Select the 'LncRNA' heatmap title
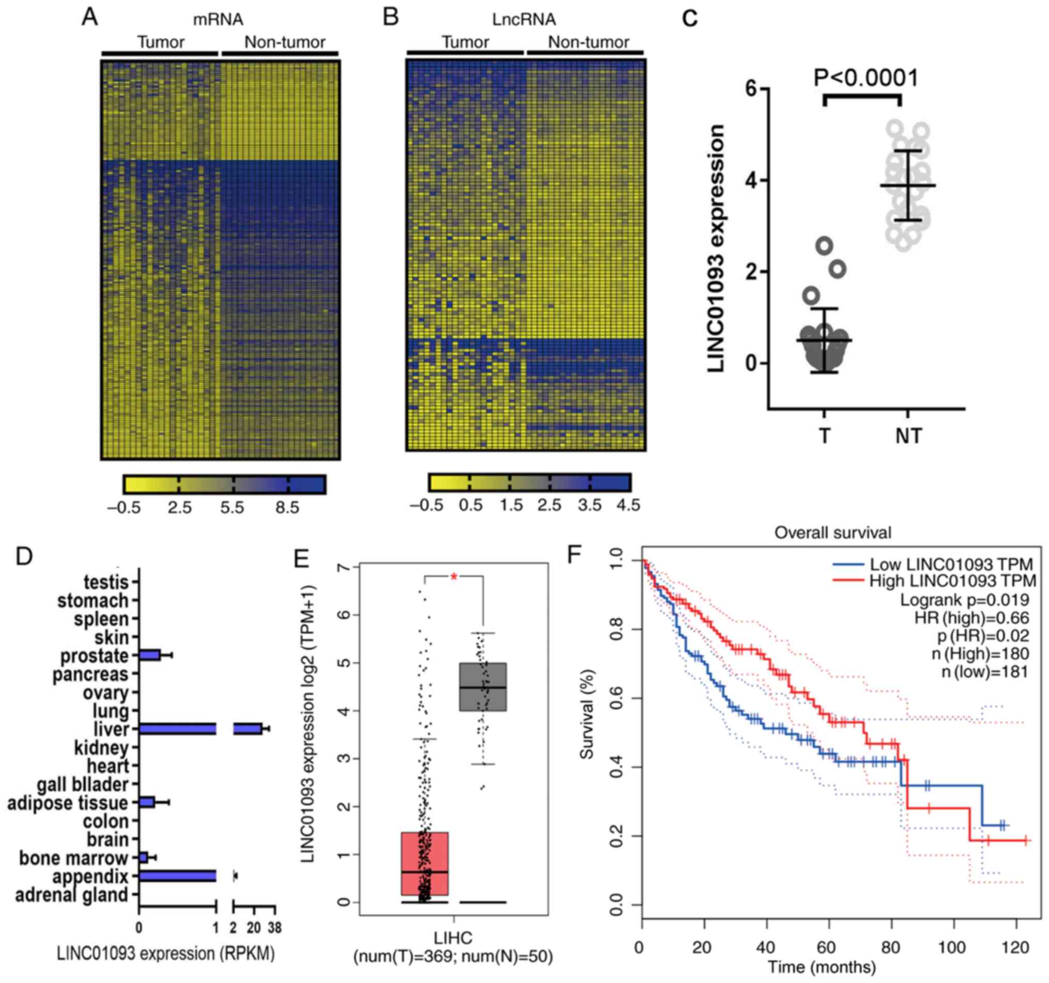522,20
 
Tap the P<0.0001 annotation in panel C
866,78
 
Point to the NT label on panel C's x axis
909,436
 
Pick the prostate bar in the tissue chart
149,655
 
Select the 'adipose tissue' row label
68,803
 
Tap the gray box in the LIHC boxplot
483,686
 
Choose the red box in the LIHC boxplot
425,863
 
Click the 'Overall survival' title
833,533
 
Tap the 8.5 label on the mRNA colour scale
287,508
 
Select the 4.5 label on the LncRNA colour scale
628,505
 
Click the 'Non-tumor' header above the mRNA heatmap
285,42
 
